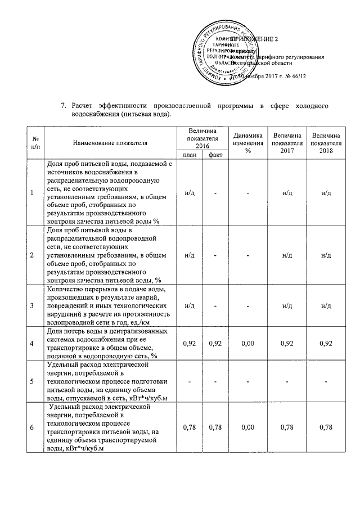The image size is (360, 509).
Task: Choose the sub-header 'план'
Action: click(190, 155)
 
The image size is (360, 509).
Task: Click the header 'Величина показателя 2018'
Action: click(326, 143)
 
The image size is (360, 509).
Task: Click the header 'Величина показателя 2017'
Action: click(287, 143)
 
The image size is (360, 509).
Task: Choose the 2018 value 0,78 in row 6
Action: click(326, 427)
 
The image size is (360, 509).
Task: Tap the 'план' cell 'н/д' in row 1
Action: click(190, 193)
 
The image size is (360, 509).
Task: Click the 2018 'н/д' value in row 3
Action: click(326, 305)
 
